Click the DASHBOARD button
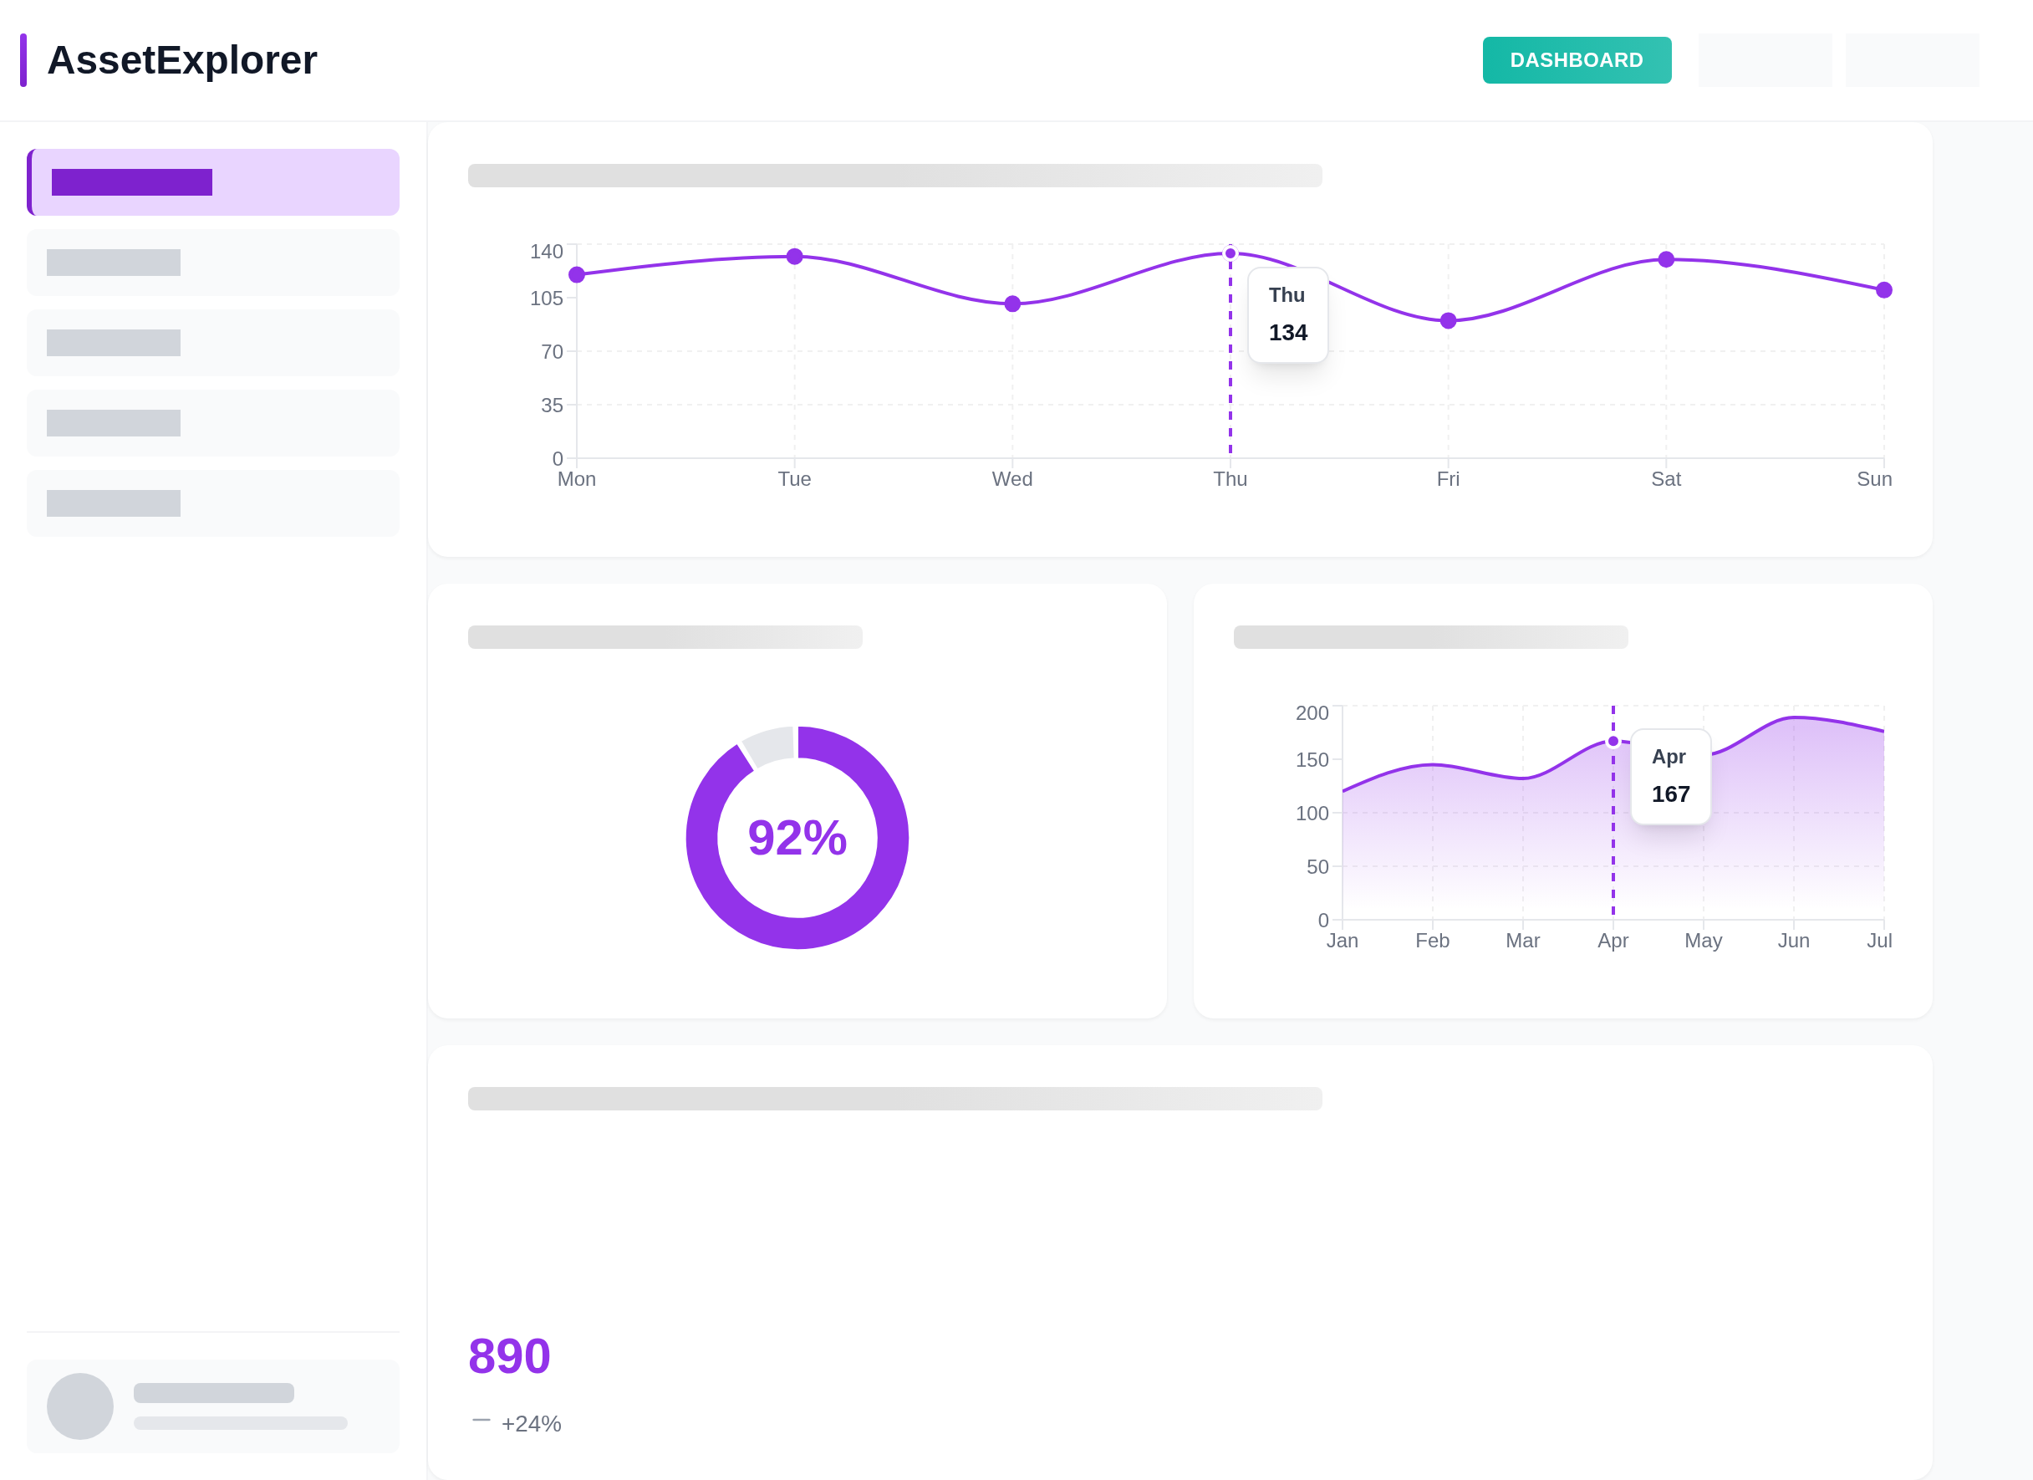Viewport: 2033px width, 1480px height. pyautogui.click(x=1576, y=60)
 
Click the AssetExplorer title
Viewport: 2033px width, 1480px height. pyautogui.click(x=182, y=60)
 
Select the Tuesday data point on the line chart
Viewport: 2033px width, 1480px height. pyautogui.click(x=794, y=257)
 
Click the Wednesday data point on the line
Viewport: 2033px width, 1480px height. pyautogui.click(x=1012, y=304)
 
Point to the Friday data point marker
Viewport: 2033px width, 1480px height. pyautogui.click(x=1448, y=321)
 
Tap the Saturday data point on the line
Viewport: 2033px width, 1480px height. pyautogui.click(x=1665, y=259)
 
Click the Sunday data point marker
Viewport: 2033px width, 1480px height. pyautogui.click(x=1883, y=289)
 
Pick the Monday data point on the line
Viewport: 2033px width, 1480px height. pyautogui.click(x=576, y=274)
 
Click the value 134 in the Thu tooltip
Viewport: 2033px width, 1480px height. pyautogui.click(x=1287, y=333)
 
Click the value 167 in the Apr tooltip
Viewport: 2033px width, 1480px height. pyautogui.click(x=1670, y=794)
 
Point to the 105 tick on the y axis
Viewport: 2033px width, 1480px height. pyautogui.click(x=546, y=299)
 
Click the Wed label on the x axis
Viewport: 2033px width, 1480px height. pyautogui.click(x=1012, y=478)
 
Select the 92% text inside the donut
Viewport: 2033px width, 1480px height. pyautogui.click(x=797, y=837)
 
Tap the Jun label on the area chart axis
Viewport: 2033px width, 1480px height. pyautogui.click(x=1793, y=941)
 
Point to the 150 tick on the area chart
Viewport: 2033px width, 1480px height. pyautogui.click(x=1312, y=760)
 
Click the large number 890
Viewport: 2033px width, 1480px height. pyautogui.click(x=509, y=1355)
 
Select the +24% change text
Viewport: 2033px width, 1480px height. pyautogui.click(x=531, y=1423)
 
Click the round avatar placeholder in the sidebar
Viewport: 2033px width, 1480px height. pyautogui.click(x=79, y=1406)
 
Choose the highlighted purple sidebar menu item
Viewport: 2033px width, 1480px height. pyautogui.click(x=213, y=182)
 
